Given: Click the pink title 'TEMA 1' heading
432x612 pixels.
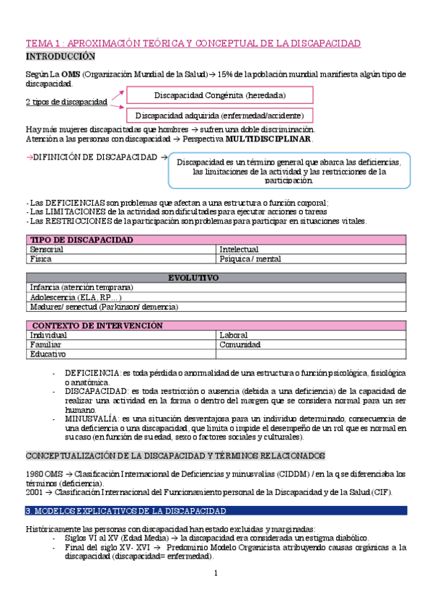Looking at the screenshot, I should [x=193, y=43].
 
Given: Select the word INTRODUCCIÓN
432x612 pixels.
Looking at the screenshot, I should [x=61, y=56].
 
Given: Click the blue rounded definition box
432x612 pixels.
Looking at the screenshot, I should [x=288, y=170].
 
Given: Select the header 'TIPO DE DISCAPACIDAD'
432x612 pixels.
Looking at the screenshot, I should [x=81, y=239].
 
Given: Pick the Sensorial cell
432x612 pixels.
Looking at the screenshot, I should [x=47, y=249].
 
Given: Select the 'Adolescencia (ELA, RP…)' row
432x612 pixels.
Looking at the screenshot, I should [x=76, y=297].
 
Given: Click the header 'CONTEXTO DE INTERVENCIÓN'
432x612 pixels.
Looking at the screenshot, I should [x=97, y=325].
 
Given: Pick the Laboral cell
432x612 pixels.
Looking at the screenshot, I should [x=234, y=335].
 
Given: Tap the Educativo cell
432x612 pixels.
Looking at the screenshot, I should [x=48, y=354].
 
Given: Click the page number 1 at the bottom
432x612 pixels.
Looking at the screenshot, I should [x=216, y=573].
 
